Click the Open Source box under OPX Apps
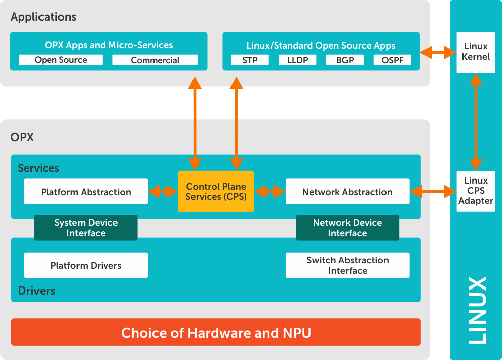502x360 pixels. (x=61, y=60)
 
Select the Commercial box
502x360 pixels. (x=155, y=60)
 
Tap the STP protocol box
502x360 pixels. (x=250, y=60)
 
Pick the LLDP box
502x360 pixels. (x=297, y=60)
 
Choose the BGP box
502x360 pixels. (x=345, y=60)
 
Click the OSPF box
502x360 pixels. (x=393, y=60)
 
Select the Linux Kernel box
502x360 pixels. (x=476, y=52)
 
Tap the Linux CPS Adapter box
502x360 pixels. (x=476, y=191)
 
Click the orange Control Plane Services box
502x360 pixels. (x=216, y=192)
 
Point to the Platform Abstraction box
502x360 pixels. (x=86, y=192)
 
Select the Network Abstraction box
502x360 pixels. (x=347, y=192)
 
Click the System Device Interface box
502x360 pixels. (x=86, y=228)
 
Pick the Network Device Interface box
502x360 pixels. (x=347, y=228)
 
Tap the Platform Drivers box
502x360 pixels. (x=86, y=265)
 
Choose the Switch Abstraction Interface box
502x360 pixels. (x=347, y=265)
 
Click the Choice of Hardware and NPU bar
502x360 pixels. (x=216, y=333)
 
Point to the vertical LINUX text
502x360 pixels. (x=476, y=310)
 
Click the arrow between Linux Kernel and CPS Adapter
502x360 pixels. (x=476, y=122)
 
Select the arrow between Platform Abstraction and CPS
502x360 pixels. (x=163, y=192)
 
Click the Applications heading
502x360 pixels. (x=44, y=17)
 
